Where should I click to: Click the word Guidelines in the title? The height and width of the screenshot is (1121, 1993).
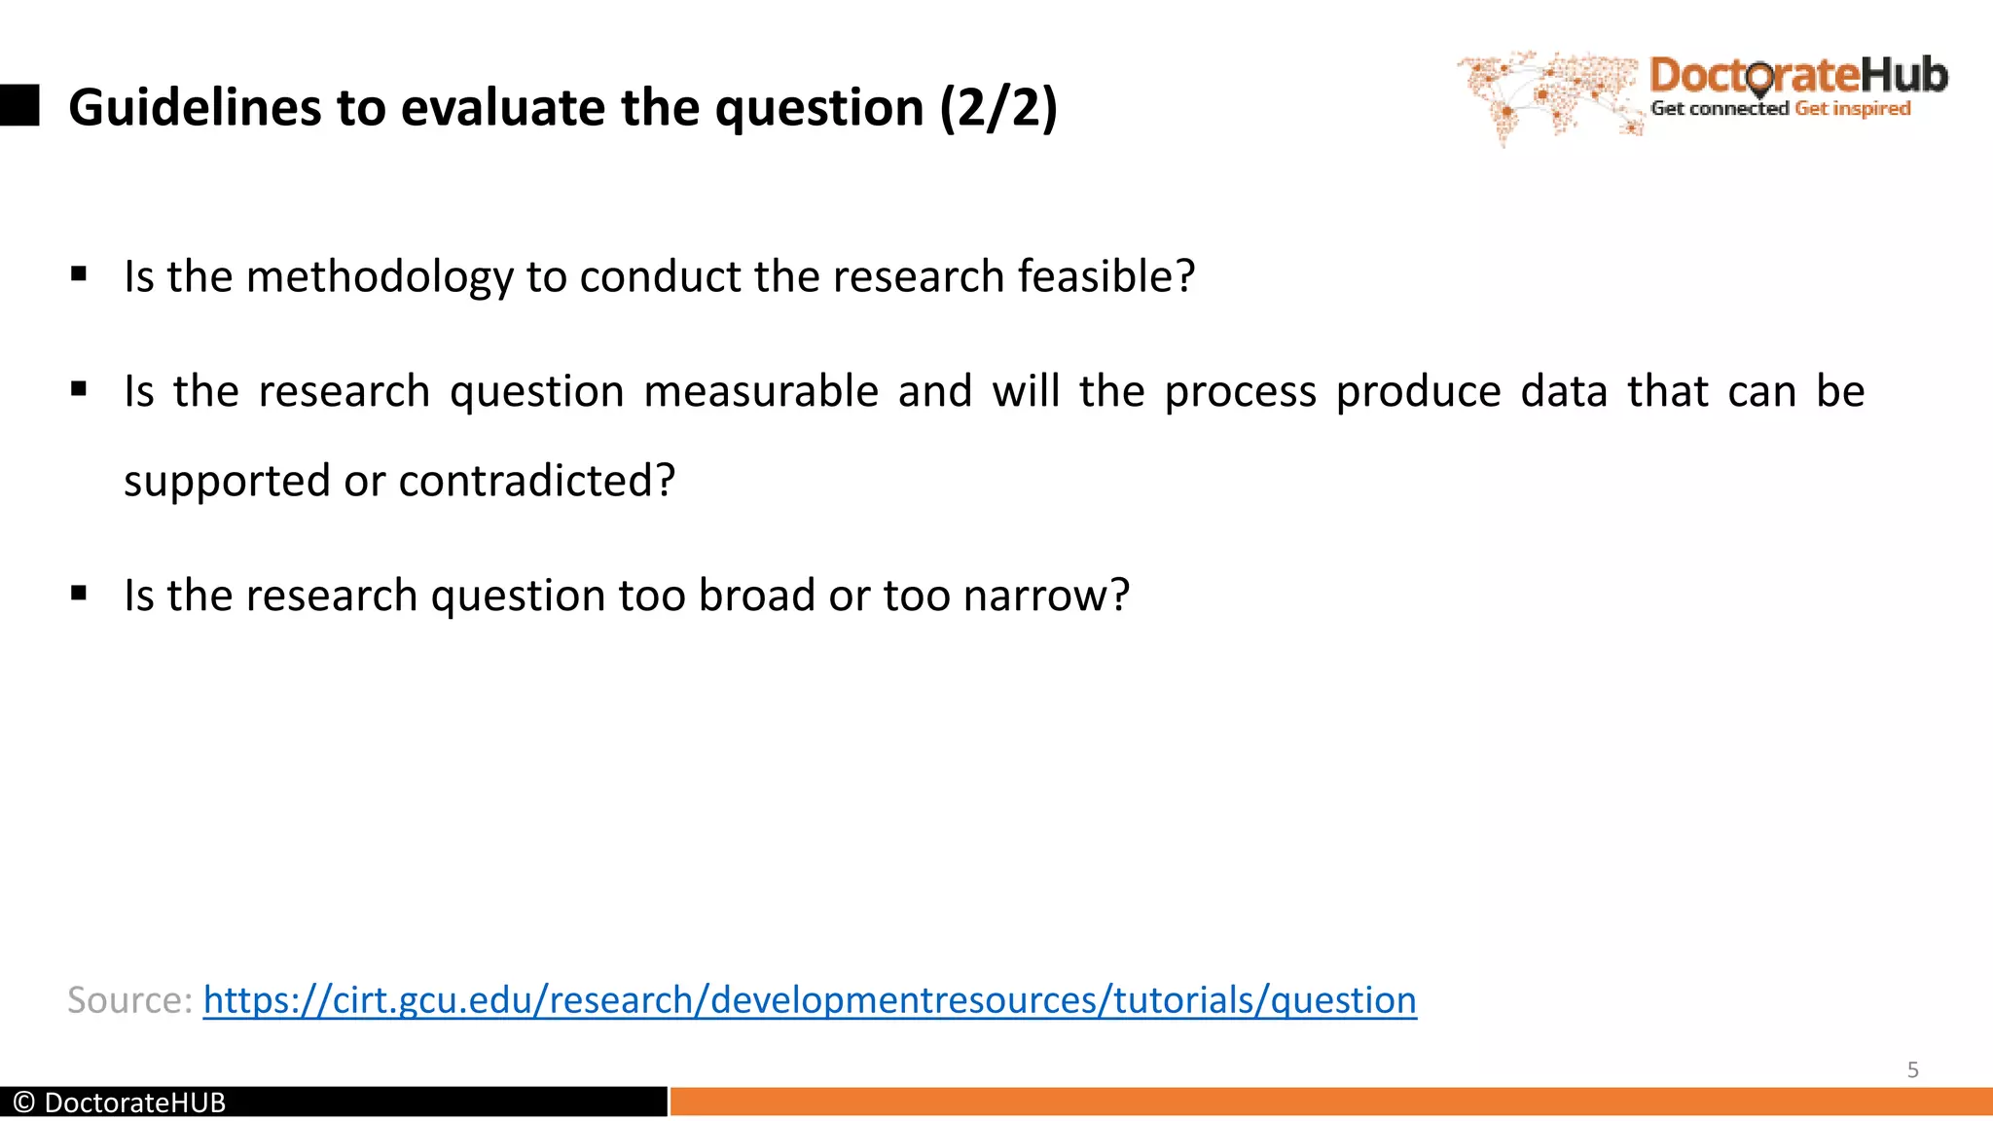[x=196, y=107]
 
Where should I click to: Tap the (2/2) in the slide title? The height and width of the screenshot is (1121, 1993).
[x=998, y=107]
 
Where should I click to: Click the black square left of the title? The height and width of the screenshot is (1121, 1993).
[x=19, y=105]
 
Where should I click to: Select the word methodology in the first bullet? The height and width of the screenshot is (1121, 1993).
[x=379, y=277]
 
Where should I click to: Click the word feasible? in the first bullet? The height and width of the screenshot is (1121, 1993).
[x=1105, y=277]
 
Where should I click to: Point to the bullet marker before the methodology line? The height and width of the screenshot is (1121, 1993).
[x=79, y=275]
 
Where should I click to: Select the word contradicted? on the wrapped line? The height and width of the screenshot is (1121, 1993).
[x=536, y=481]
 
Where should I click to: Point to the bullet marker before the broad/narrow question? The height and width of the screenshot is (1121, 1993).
[x=79, y=594]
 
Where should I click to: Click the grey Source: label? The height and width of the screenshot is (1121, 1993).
[x=129, y=1000]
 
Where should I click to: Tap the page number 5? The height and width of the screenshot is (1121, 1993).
[x=1912, y=1070]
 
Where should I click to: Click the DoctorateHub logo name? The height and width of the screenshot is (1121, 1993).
[x=1798, y=76]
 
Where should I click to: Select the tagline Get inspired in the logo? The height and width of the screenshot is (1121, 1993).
[x=1852, y=109]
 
